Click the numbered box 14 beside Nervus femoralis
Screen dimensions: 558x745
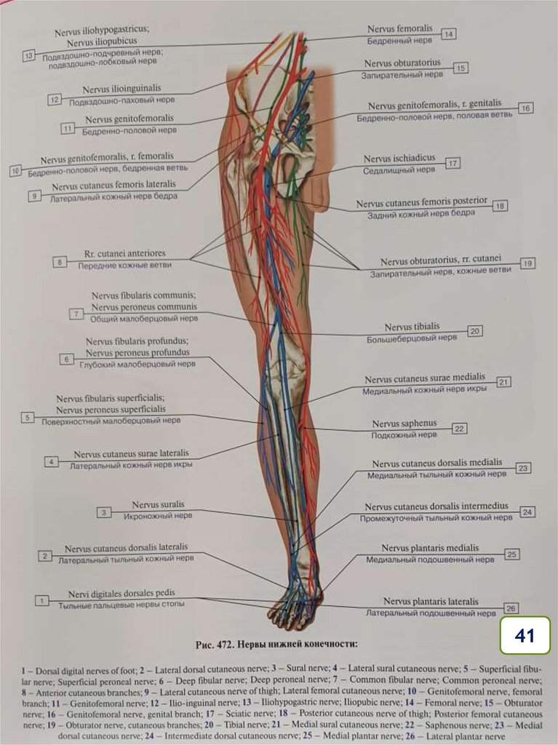point(448,34)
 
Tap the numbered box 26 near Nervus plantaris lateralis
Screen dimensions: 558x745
point(511,608)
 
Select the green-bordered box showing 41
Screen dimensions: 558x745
point(525,636)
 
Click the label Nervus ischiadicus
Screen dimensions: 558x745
point(399,158)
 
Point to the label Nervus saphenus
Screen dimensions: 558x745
point(404,423)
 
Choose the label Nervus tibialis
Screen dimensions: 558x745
point(412,327)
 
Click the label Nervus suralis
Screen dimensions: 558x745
point(158,504)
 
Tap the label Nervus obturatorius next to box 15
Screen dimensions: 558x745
point(402,63)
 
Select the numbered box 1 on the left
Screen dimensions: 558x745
point(42,600)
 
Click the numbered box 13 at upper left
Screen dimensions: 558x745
point(29,55)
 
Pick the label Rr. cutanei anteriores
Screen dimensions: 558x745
point(124,254)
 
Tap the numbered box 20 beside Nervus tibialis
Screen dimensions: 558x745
point(474,331)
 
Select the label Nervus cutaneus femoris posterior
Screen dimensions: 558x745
point(421,202)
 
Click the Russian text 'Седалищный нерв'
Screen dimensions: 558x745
point(399,170)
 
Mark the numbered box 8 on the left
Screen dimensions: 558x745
point(60,262)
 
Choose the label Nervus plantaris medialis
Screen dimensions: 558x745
point(430,548)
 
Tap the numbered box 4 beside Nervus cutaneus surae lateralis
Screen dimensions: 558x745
point(51,461)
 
